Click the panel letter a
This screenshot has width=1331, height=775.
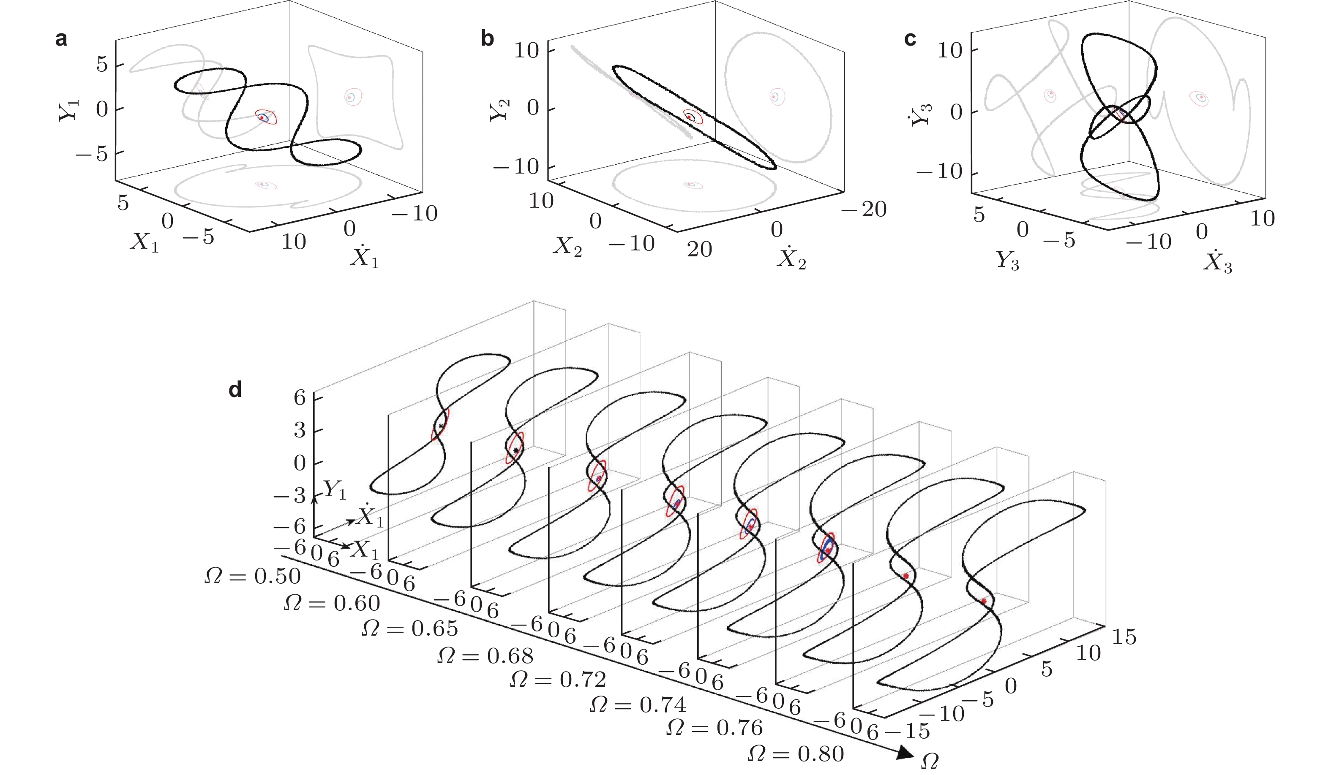click(61, 39)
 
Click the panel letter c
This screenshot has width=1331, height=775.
click(910, 39)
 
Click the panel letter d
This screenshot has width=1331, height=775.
click(235, 389)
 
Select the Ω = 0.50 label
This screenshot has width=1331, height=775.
click(253, 576)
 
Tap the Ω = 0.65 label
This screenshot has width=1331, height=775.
click(410, 628)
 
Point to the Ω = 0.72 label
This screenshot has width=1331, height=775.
click(558, 680)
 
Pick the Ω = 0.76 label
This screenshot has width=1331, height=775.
click(715, 728)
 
